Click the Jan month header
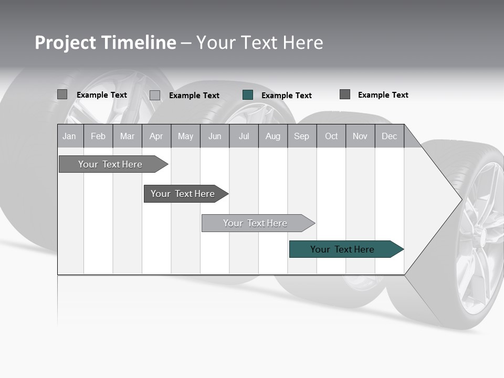pos(69,136)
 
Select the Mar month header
pos(127,136)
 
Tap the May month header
pos(185,136)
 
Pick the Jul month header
pos(244,136)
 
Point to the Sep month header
pos(301,136)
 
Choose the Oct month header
pos(331,136)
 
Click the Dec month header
pos(389,136)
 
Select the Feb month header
pos(98,136)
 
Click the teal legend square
pos(248,95)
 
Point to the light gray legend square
pos(155,95)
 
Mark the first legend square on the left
pos(62,94)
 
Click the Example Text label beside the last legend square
pos(383,95)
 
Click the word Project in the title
pos(65,43)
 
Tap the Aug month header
pos(272,136)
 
